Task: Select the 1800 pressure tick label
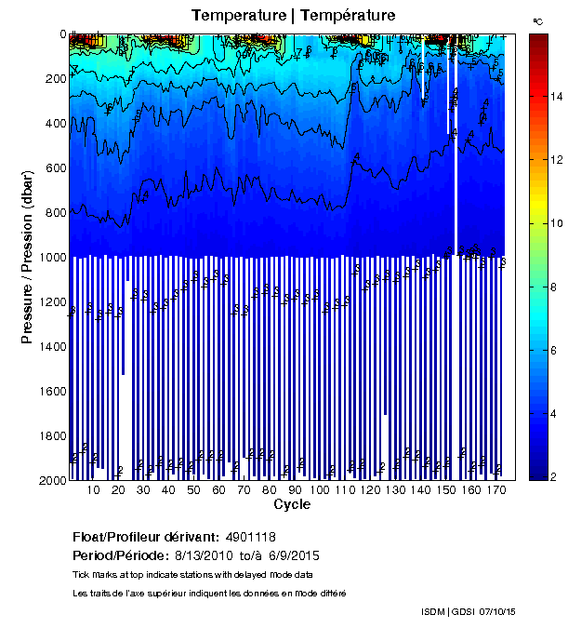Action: coord(51,435)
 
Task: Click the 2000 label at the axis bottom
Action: coord(51,480)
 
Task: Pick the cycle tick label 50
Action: coord(193,490)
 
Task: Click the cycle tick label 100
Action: coord(321,490)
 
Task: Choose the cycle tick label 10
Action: coord(93,490)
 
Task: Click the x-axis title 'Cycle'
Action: coord(292,505)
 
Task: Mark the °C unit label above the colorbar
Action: coord(537,20)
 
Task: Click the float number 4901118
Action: coord(248,537)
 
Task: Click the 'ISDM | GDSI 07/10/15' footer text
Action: coord(469,611)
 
